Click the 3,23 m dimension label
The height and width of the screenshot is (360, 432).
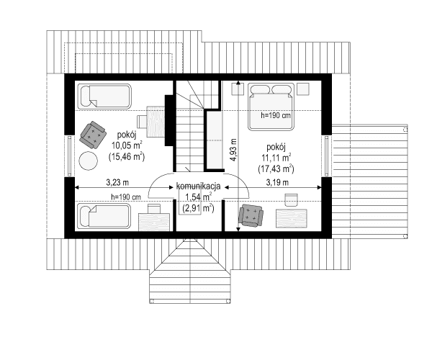click(117, 182)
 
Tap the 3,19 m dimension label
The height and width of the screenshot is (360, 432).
click(277, 182)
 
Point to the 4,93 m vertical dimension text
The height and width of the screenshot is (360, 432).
click(233, 150)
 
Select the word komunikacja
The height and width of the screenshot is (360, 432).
click(199, 186)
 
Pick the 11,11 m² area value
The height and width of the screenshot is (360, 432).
click(276, 158)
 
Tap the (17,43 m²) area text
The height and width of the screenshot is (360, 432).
click(276, 168)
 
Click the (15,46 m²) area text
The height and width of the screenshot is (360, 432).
click(127, 156)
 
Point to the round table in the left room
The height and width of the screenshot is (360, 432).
click(88, 161)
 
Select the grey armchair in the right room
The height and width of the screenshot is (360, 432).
click(251, 215)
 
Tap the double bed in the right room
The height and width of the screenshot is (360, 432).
click(271, 107)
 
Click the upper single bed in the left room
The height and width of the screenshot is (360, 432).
click(104, 96)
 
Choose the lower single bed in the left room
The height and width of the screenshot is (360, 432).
click(104, 216)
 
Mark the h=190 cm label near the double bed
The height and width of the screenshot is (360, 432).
click(276, 115)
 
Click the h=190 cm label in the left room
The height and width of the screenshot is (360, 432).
click(126, 197)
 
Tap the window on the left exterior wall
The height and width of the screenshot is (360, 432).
click(70, 156)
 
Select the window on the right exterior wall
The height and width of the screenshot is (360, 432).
click(326, 156)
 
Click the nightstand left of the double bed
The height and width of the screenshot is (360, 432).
click(238, 89)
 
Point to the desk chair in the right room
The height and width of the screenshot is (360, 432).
click(291, 200)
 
